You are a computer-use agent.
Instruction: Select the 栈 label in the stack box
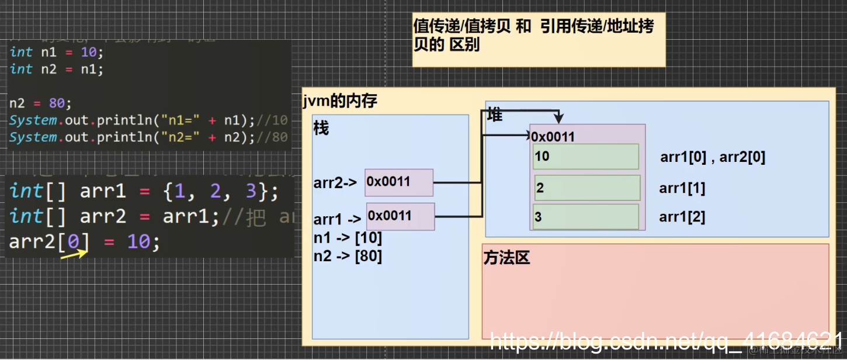[x=321, y=128]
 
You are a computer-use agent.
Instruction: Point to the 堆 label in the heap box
[x=495, y=115]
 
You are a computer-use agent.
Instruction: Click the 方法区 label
[x=506, y=258]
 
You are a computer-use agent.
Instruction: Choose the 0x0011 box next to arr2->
[x=398, y=182]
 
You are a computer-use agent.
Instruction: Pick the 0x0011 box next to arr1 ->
[x=400, y=216]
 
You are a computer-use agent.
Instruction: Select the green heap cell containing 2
[x=587, y=188]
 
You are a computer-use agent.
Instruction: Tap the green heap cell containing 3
[x=585, y=217]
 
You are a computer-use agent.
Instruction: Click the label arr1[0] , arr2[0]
[x=712, y=157]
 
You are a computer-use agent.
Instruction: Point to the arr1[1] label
[x=682, y=188]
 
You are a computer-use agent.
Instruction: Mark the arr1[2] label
[x=682, y=217]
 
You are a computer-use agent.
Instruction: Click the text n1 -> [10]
[x=348, y=238]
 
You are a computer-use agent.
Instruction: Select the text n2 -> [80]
[x=348, y=256]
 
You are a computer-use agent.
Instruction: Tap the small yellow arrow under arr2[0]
[x=74, y=254]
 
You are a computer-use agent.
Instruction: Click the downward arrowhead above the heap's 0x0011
[x=560, y=119]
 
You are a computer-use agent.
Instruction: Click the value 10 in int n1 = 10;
[x=88, y=52]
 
